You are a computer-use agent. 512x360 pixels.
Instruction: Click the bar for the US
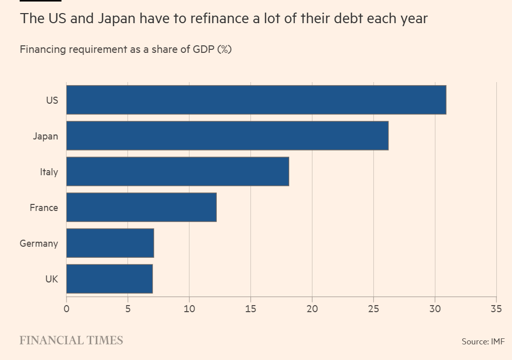[256, 100]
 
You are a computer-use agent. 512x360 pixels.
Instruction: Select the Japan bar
[227, 135]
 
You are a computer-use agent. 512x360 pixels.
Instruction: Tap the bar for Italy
[177, 171]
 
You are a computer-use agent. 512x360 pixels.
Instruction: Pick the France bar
[141, 207]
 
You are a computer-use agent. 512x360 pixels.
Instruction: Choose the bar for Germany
[110, 243]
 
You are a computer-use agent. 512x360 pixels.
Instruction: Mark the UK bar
[109, 278]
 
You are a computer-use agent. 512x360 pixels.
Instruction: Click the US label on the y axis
[52, 100]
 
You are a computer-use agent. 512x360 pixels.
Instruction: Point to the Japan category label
[45, 136]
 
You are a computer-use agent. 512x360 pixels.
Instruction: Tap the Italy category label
[49, 172]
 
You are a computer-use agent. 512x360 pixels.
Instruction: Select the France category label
[44, 207]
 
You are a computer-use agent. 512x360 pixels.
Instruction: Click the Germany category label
[39, 243]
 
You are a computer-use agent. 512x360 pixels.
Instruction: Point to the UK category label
[51, 279]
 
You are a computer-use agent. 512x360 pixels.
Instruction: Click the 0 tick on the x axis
[67, 309]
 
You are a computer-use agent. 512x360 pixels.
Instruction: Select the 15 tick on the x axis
[250, 309]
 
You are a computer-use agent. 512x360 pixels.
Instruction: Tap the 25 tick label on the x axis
[373, 309]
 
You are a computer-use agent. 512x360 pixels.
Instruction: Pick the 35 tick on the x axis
[496, 309]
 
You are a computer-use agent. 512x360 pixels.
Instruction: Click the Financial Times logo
[71, 340]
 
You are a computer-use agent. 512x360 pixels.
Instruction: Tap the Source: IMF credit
[483, 341]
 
